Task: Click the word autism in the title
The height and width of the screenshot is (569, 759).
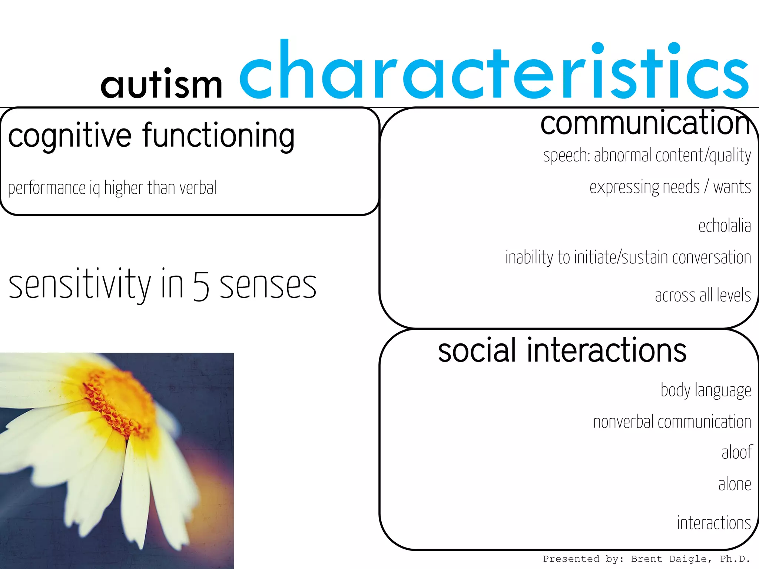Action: tap(162, 84)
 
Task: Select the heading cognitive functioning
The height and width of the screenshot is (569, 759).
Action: tap(151, 136)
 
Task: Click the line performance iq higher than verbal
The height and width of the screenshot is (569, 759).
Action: tap(112, 188)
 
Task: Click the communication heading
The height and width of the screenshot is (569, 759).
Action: tap(645, 123)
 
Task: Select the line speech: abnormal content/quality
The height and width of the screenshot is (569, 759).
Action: tap(647, 155)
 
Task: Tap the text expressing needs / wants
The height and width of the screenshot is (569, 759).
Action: tap(670, 187)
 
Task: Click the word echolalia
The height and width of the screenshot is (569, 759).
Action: tap(725, 226)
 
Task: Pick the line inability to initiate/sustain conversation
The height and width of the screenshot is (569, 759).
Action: tap(628, 257)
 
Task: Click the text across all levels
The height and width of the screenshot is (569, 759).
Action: tap(703, 296)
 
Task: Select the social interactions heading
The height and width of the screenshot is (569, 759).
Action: tap(562, 350)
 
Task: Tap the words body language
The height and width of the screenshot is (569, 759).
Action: tap(706, 390)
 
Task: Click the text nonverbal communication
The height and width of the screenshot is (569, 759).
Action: tap(672, 422)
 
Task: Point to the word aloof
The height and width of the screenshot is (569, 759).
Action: tap(736, 452)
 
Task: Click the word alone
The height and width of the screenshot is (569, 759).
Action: tap(735, 484)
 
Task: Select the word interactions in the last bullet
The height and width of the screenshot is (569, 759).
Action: tap(714, 523)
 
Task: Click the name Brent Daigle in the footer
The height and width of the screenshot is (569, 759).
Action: tap(670, 559)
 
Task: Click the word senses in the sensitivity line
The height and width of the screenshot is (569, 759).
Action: tap(268, 286)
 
